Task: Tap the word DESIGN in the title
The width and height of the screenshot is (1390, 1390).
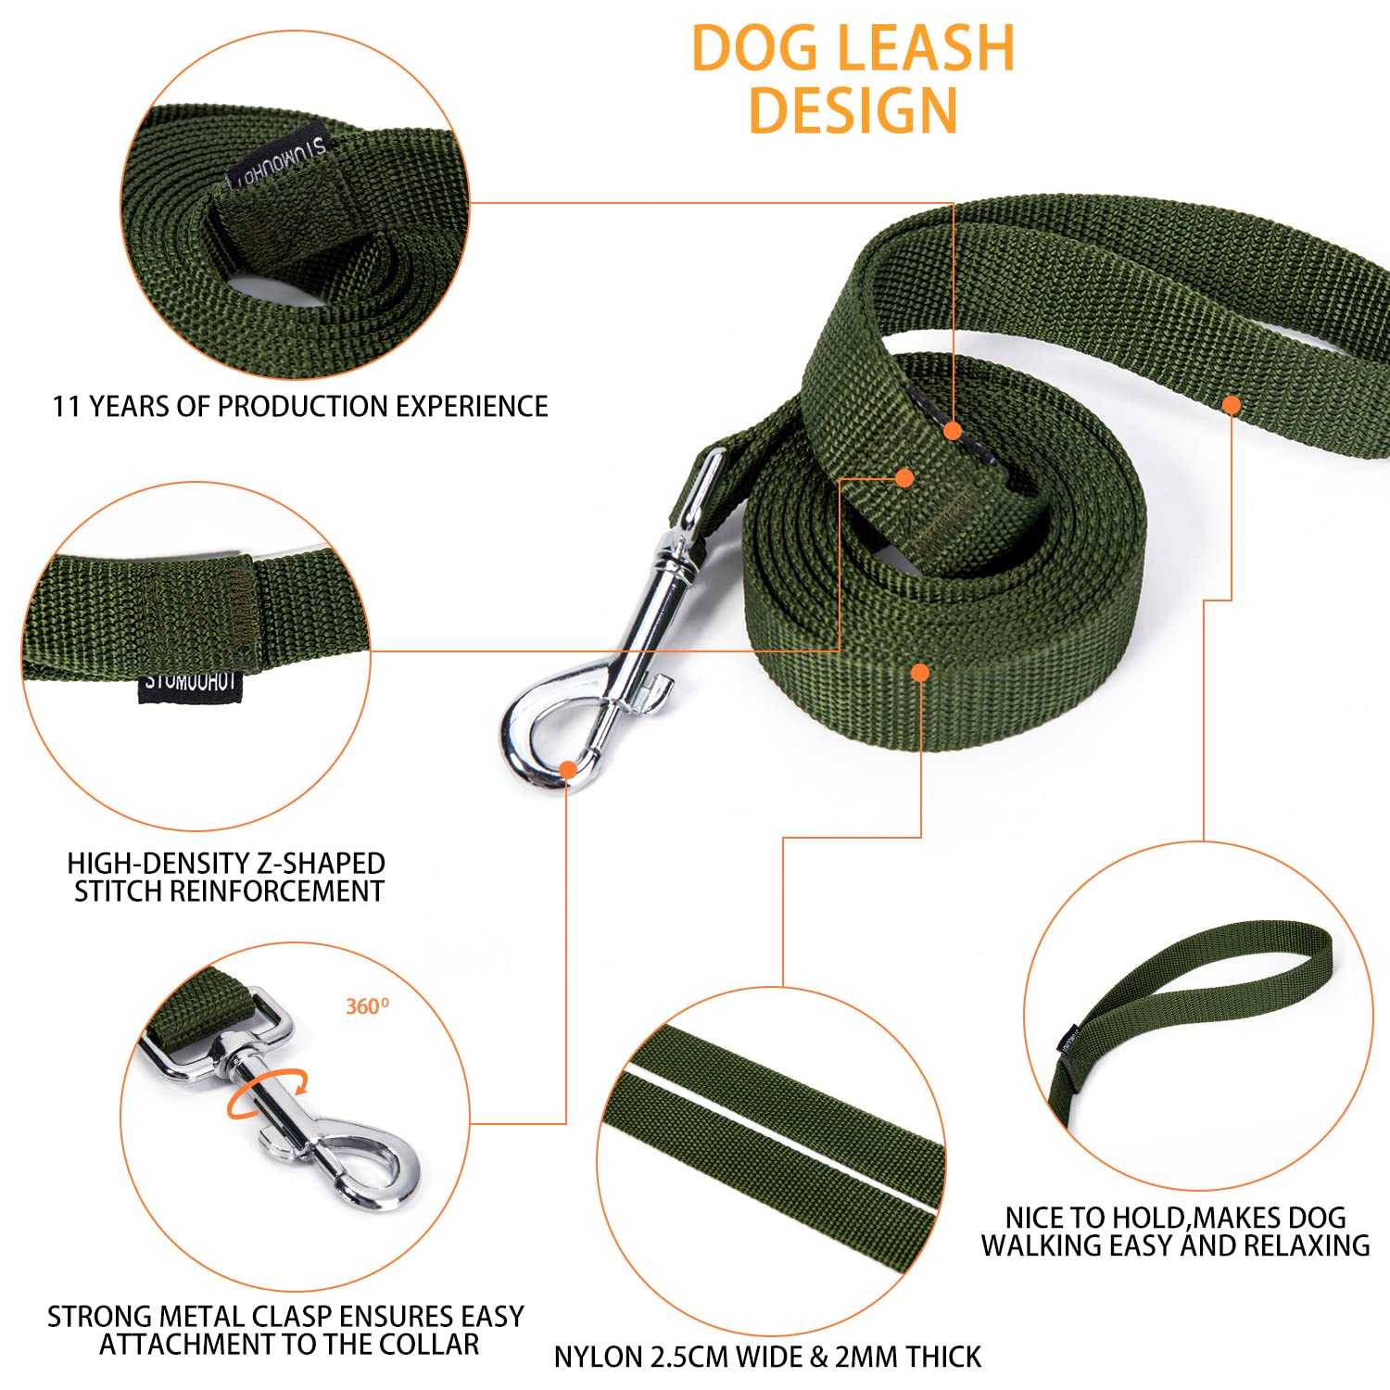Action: (x=853, y=111)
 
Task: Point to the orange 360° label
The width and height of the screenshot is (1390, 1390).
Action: (x=367, y=1006)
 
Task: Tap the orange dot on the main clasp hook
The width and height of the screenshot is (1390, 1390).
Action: (x=567, y=768)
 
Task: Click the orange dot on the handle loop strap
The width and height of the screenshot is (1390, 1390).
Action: (x=1232, y=405)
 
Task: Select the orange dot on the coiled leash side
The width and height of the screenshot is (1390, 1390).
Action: (x=919, y=673)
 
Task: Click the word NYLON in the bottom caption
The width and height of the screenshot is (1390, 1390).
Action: (x=599, y=1358)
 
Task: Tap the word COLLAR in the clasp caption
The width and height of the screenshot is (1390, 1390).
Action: (x=433, y=1345)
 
